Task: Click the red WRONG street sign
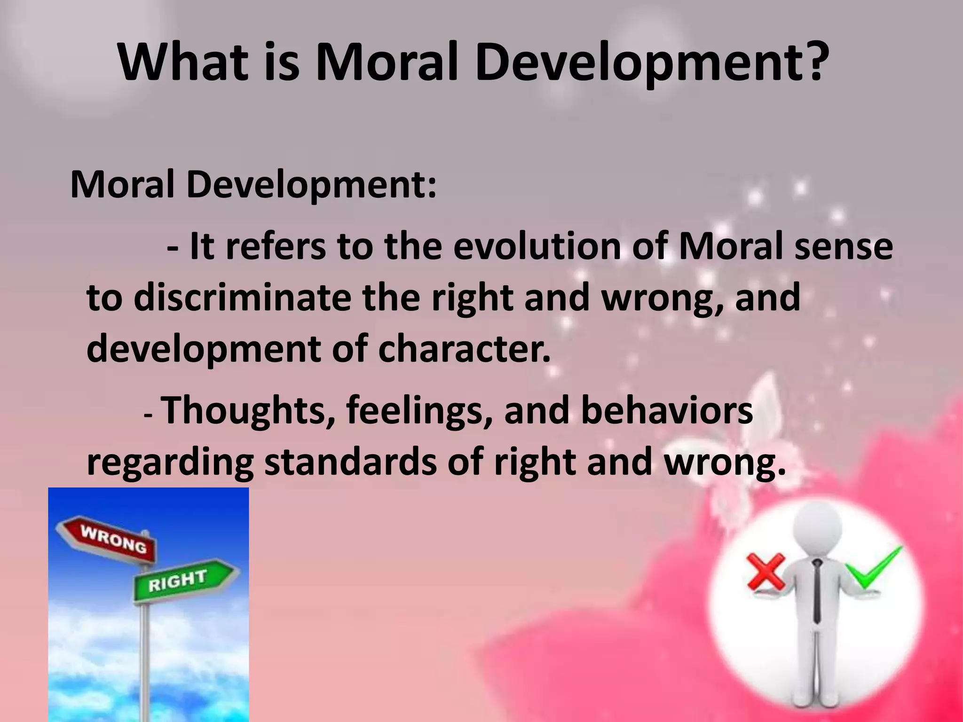click(x=107, y=540)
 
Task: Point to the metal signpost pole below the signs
click(x=145, y=658)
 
